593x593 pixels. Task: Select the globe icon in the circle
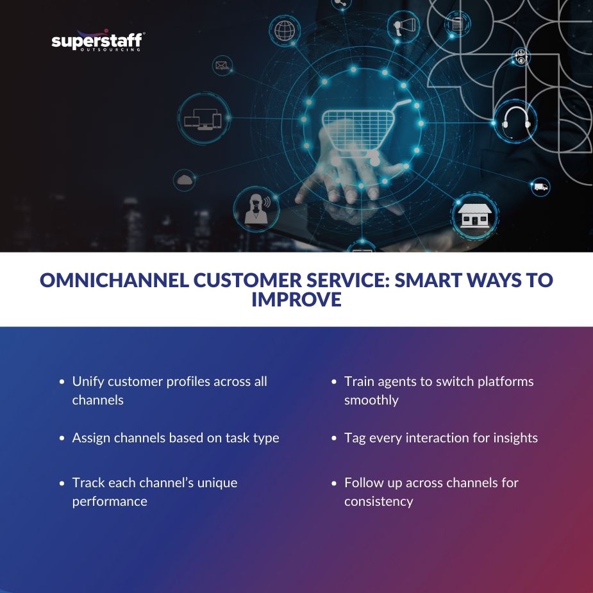(285, 30)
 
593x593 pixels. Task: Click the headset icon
(515, 119)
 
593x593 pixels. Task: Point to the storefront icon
(474, 216)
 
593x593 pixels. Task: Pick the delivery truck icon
(540, 187)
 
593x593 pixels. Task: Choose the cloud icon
(185, 180)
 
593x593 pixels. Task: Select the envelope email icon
(222, 65)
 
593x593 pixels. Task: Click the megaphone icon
(405, 27)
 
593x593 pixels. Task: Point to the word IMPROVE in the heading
(296, 299)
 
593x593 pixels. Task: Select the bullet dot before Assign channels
(62, 438)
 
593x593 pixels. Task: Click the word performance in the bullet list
(110, 501)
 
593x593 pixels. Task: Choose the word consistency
(378, 501)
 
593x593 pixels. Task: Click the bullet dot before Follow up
(334, 483)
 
